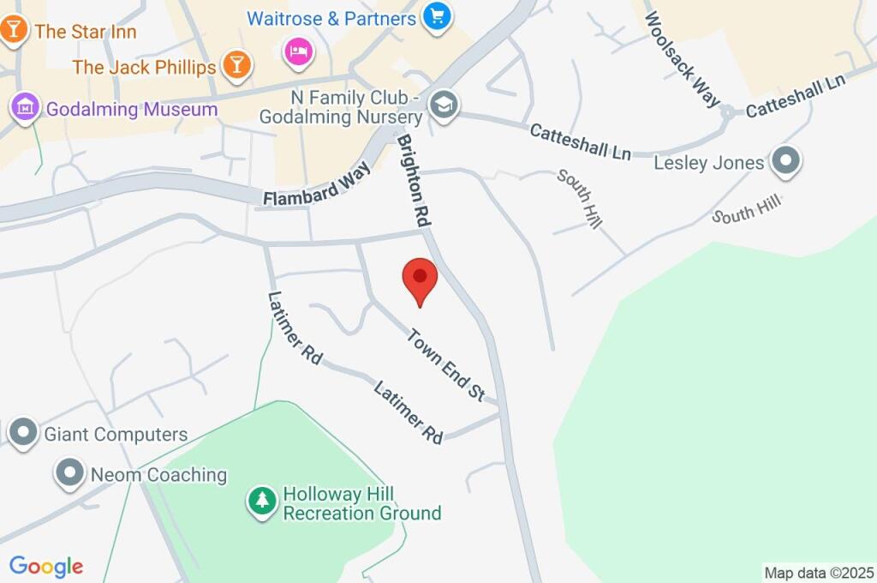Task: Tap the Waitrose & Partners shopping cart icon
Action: (x=438, y=16)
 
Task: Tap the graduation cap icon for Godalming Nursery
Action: (x=444, y=106)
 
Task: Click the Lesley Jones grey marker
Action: (x=785, y=161)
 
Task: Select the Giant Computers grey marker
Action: (x=23, y=433)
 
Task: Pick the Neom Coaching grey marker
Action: (x=69, y=473)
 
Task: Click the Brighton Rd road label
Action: (x=413, y=179)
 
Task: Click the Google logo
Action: (x=46, y=567)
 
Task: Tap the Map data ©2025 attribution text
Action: (x=820, y=573)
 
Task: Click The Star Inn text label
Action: (x=86, y=32)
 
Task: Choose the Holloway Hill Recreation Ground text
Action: (x=361, y=504)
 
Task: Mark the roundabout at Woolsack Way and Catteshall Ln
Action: (x=727, y=111)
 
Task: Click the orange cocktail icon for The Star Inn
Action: (x=15, y=29)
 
